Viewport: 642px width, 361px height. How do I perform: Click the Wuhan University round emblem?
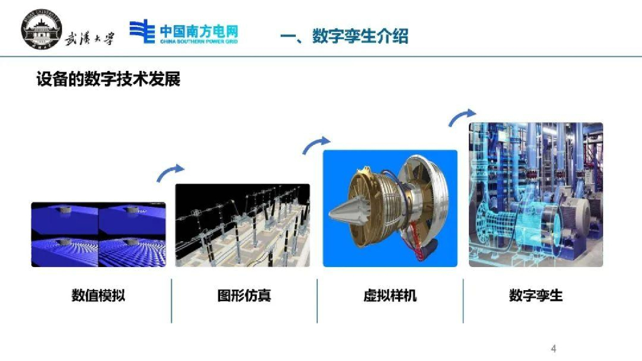[42, 29]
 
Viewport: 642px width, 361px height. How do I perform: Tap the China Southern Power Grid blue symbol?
[142, 31]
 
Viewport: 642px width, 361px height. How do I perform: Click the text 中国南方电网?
[199, 31]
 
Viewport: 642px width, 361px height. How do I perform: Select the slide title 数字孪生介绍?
[360, 36]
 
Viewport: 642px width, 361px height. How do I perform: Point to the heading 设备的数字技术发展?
[108, 79]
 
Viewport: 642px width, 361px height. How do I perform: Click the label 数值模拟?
[98, 295]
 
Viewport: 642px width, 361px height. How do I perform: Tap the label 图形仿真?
[244, 295]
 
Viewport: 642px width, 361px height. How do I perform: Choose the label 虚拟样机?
[390, 295]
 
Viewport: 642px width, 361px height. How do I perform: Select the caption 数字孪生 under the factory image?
[535, 295]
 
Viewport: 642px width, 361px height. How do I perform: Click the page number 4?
[554, 348]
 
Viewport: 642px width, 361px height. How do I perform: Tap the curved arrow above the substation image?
[169, 171]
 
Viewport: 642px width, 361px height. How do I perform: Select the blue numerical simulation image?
[98, 234]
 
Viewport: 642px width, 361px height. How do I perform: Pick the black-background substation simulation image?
[243, 226]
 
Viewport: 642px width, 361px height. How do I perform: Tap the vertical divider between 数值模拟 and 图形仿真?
[172, 301]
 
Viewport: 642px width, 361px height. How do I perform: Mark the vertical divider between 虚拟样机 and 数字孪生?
[463, 301]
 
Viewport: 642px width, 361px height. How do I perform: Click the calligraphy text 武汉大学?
[89, 39]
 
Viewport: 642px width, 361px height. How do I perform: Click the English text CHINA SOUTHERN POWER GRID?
[199, 41]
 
